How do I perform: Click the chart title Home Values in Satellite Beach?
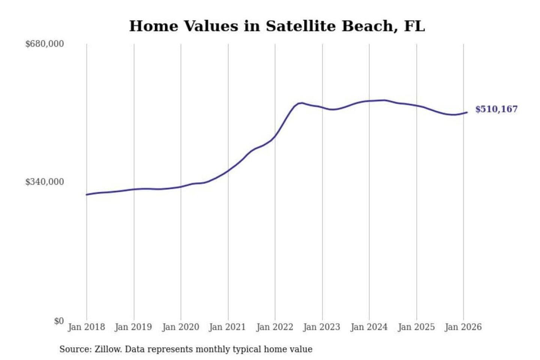[x=277, y=26]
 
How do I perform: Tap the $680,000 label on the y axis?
[x=44, y=44]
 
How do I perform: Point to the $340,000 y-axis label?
[x=44, y=182]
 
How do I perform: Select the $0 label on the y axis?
[x=58, y=321]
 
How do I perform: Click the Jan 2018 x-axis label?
[x=86, y=327]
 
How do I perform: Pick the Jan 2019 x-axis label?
[x=133, y=327]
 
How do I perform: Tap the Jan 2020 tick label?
[x=180, y=327]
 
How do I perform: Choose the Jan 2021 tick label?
[x=227, y=327]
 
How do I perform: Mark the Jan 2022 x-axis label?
[x=274, y=327]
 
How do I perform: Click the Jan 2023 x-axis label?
[x=321, y=327]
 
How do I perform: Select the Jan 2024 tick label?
[x=369, y=327]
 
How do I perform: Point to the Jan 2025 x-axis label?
[x=416, y=327]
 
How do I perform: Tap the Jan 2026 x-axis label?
[x=463, y=327]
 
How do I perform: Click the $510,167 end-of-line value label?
[x=496, y=109]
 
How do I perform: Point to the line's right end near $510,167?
[x=467, y=112]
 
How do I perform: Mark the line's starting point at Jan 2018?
[x=87, y=195]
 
